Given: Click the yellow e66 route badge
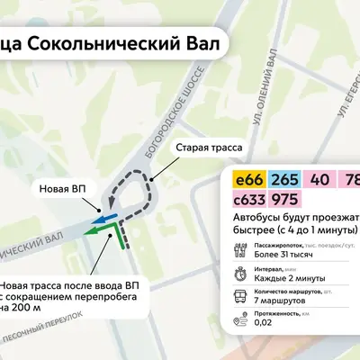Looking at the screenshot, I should point(247,180).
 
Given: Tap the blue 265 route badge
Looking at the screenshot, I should point(283,180).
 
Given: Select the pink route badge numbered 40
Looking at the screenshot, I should point(319,180).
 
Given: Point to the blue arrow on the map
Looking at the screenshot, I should point(106,218).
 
